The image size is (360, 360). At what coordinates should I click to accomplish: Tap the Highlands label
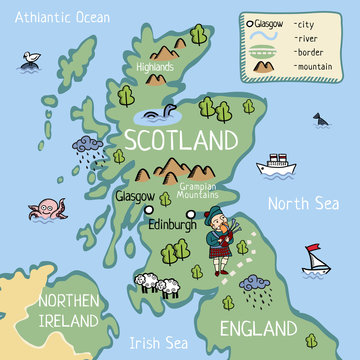pyautogui.click(x=156, y=67)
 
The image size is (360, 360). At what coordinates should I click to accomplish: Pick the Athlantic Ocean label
pyautogui.click(x=56, y=18)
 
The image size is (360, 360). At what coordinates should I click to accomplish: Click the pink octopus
pyautogui.click(x=48, y=211)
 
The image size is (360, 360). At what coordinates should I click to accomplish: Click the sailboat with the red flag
pyautogui.click(x=316, y=261)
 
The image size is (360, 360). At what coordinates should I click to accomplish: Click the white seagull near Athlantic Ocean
pyautogui.click(x=32, y=60)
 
